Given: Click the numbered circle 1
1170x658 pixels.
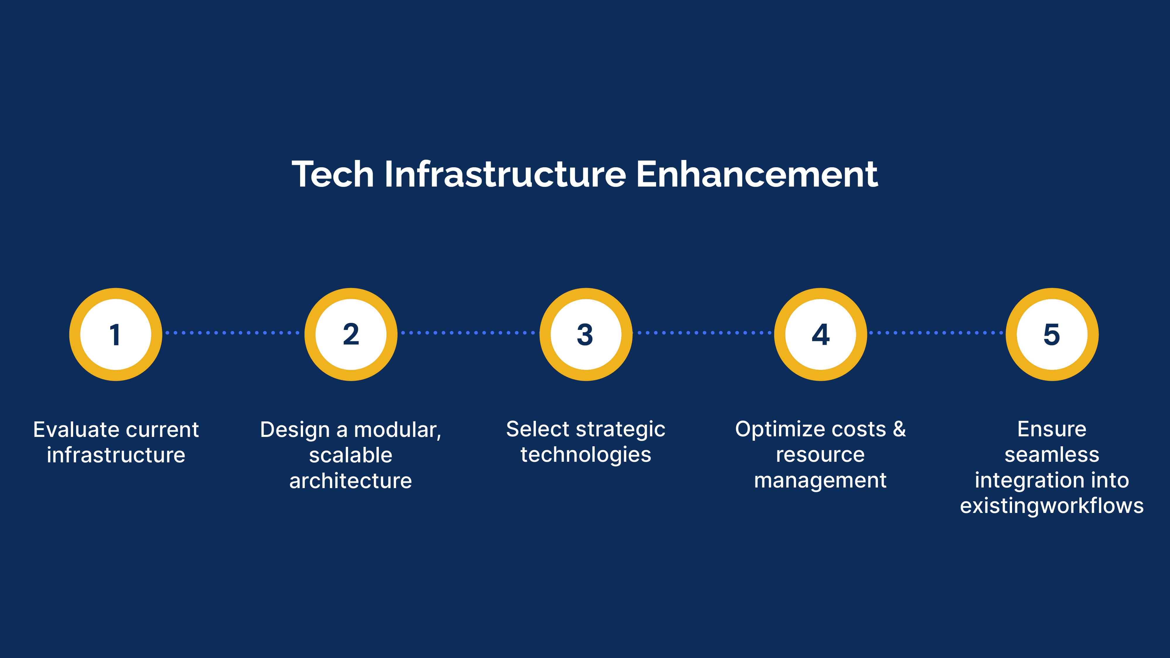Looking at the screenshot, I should pos(116,334).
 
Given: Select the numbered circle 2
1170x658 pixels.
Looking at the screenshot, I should pos(351,334).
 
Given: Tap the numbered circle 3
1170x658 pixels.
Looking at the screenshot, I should pos(586,334).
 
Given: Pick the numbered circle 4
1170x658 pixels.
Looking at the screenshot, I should pos(820,334).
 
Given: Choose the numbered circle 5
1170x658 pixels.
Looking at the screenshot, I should pos(1052,334).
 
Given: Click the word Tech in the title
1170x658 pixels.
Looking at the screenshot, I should pos(333,174).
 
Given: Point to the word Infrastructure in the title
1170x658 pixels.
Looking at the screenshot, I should pos(505,174).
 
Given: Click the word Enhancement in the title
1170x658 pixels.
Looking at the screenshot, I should pos(757,174).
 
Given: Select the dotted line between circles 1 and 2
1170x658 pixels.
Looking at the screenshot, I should pos(233,333).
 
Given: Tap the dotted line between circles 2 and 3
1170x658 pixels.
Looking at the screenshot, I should pos(468,333).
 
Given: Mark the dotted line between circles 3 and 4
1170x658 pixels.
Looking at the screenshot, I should pos(703,333).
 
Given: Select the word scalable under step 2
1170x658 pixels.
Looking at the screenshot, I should pos(351,455).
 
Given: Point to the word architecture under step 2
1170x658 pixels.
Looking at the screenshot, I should pos(351,480).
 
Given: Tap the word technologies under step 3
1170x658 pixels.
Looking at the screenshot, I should pos(586,454).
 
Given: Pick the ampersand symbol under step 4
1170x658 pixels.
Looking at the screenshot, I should pos(899,429).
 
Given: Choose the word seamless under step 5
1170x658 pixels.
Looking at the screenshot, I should pos(1052,454).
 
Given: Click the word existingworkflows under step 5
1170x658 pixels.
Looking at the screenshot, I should pos(1052,505).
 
